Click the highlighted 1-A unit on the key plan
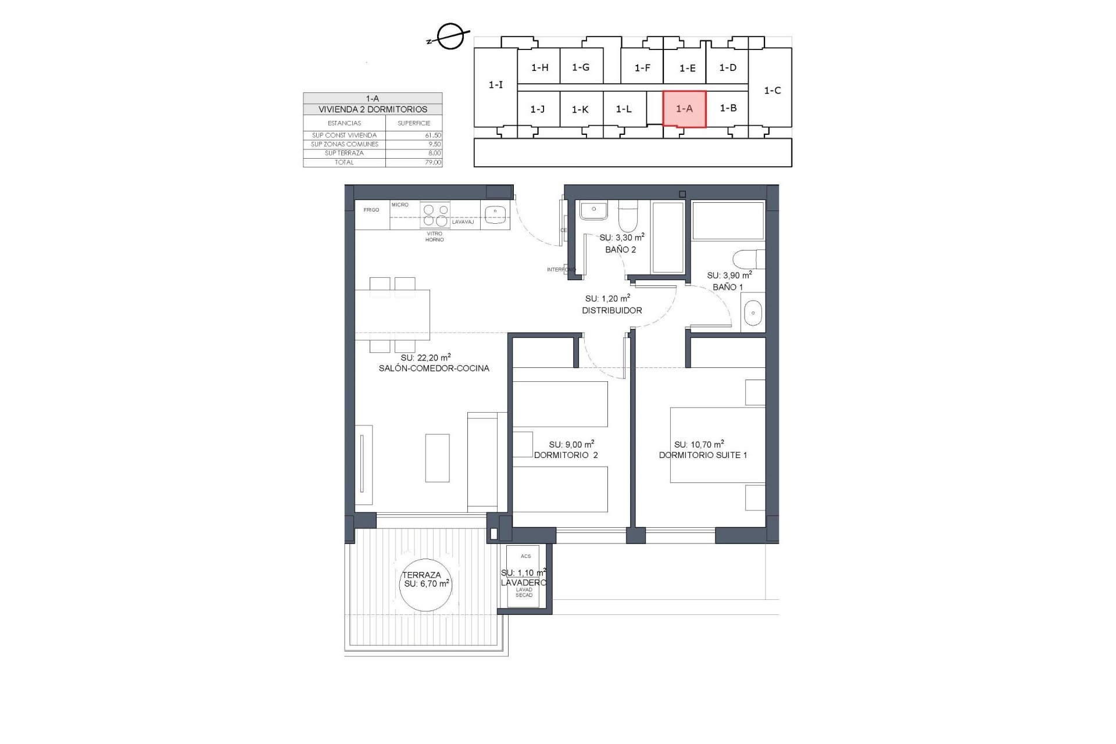point(684,109)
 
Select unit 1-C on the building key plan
point(772,90)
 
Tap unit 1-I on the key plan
point(495,85)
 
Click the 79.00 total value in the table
point(432,162)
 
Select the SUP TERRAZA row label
point(344,153)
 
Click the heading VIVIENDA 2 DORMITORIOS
point(373,109)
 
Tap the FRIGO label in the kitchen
point(371,210)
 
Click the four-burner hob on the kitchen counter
point(435,214)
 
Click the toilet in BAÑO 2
point(627,217)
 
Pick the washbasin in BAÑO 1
point(753,313)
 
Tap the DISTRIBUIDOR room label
point(611,310)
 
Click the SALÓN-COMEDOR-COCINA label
point(434,368)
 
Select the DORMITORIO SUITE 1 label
point(702,455)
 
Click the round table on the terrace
point(425,584)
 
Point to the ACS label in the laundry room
point(525,556)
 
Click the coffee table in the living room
point(437,458)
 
